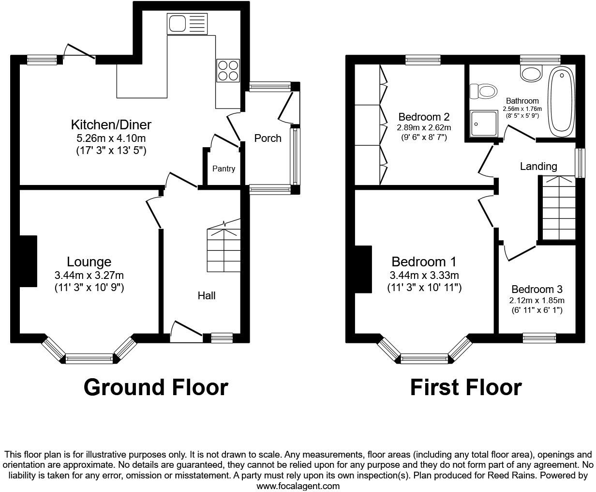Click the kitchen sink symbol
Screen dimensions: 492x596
pyautogui.click(x=187, y=24)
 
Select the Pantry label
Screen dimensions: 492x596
pyautogui.click(x=223, y=169)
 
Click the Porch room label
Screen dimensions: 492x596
pyautogui.click(x=268, y=138)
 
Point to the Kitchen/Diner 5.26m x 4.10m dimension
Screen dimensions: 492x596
pyautogui.click(x=111, y=138)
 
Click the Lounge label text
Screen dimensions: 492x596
pyautogui.click(x=89, y=262)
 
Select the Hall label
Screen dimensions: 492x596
pyautogui.click(x=207, y=295)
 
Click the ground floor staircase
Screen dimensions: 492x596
pyautogui.click(x=223, y=249)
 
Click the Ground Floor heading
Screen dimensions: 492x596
pyautogui.click(x=155, y=387)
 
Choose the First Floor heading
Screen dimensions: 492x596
pyautogui.click(x=465, y=387)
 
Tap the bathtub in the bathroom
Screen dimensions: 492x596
pyautogui.click(x=561, y=101)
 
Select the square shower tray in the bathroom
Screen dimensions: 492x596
pyautogui.click(x=484, y=124)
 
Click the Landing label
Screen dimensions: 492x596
pyautogui.click(x=538, y=167)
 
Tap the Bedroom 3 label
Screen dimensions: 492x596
pyautogui.click(x=536, y=290)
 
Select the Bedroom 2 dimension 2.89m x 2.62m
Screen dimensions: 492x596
pyautogui.click(x=424, y=128)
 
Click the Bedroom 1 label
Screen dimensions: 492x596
pyautogui.click(x=424, y=262)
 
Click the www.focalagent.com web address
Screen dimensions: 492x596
pyautogui.click(x=298, y=486)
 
